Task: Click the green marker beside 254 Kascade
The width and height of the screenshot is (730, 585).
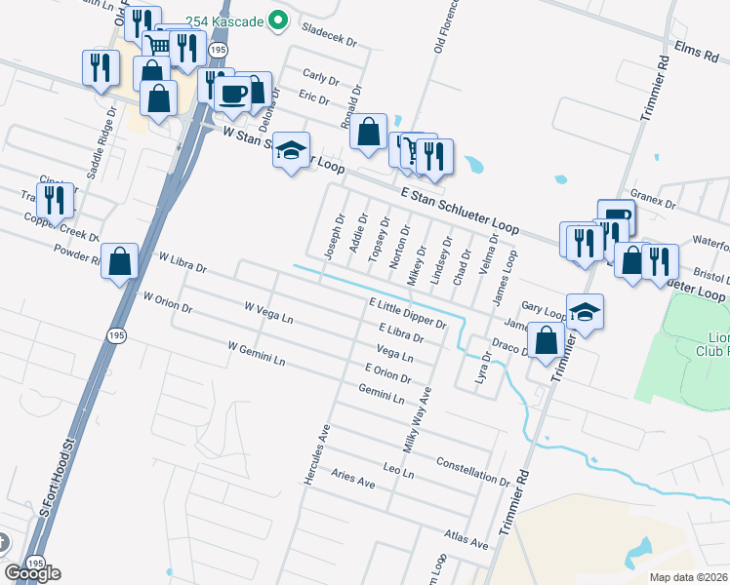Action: coord(277,19)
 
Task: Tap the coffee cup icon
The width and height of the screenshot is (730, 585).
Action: coord(232,94)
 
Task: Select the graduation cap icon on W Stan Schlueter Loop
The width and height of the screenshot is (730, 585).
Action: coord(290,150)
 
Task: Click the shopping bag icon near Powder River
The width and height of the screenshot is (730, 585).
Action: coord(119,261)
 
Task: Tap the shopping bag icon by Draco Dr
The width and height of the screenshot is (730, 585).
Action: coord(547,341)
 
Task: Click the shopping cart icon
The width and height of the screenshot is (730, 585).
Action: coord(156,44)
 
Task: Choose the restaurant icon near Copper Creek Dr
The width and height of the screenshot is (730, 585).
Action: coord(55,201)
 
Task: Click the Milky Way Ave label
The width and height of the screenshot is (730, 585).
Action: coord(420,418)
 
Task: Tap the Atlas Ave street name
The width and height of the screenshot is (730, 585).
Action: coord(465,539)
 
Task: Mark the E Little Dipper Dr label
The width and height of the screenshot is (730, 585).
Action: coord(407,314)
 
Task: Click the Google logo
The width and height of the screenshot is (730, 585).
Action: coord(32,573)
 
